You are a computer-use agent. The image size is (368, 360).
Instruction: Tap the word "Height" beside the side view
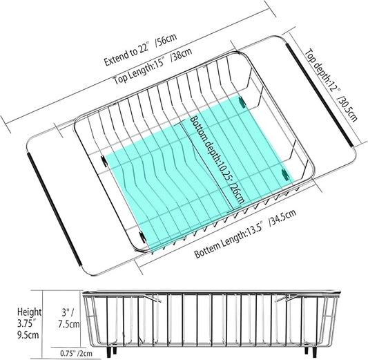(x=29, y=312)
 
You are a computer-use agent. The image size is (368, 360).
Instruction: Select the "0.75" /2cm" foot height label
(x=77, y=353)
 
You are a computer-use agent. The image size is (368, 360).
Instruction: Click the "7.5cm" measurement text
(x=69, y=324)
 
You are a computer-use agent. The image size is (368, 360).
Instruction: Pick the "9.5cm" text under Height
(x=28, y=334)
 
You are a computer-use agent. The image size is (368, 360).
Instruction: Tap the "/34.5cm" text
(x=283, y=217)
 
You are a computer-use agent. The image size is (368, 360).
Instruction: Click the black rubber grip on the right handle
(x=319, y=95)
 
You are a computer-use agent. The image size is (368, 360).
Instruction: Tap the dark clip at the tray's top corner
(x=242, y=102)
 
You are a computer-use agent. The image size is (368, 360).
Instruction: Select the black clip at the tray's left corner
(x=104, y=160)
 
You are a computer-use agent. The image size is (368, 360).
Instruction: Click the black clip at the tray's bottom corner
(x=142, y=237)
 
